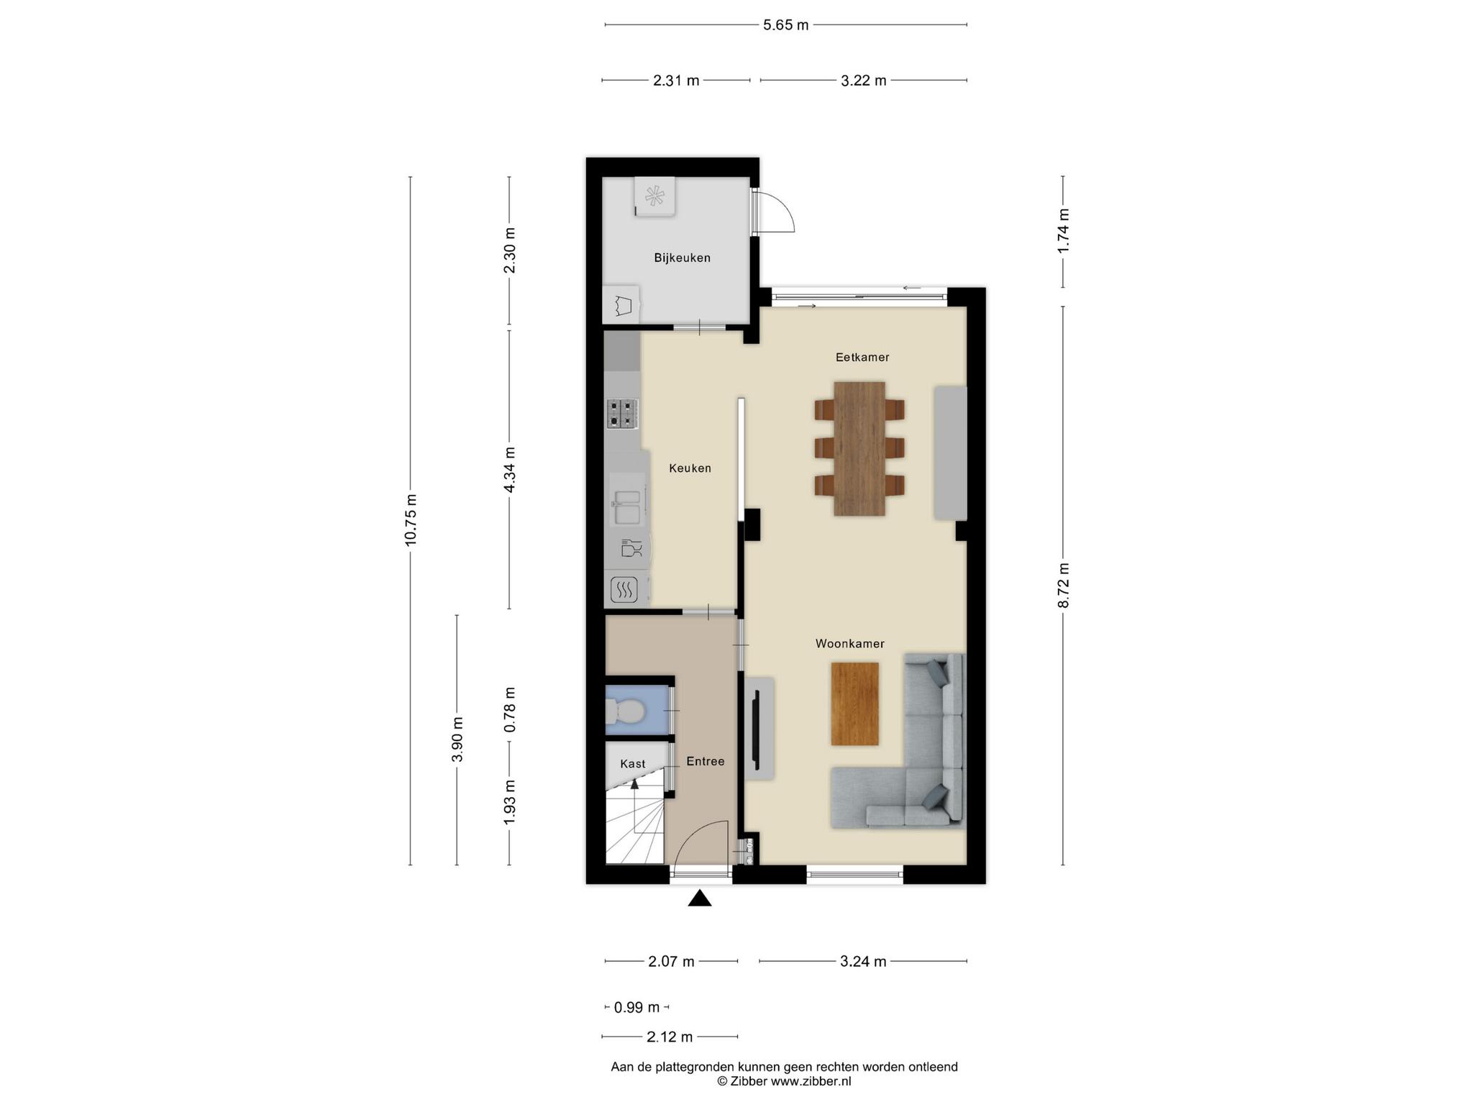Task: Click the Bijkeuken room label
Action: [682, 258]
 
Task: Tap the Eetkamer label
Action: [862, 357]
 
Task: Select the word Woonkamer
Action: [849, 643]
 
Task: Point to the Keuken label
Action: [690, 468]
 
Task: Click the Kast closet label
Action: [633, 763]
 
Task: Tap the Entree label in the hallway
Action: [705, 760]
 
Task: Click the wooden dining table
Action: [859, 448]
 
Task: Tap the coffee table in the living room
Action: [854, 704]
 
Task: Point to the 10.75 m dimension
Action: [411, 519]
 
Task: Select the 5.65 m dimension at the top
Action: [785, 25]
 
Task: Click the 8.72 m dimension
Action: [1063, 585]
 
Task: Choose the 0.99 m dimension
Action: [637, 1007]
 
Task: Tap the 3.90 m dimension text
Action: [457, 740]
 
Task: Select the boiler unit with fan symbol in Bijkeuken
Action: [655, 196]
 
